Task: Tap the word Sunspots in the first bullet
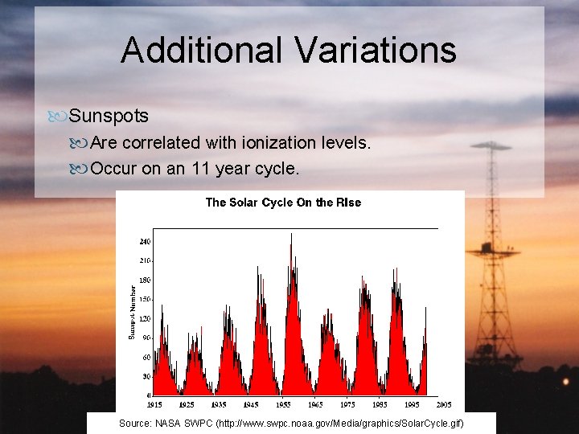(109, 116)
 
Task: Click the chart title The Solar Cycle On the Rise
(283, 203)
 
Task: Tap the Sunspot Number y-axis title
(133, 311)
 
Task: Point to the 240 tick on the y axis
(145, 241)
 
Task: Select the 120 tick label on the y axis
(145, 318)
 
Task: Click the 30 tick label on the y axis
(146, 376)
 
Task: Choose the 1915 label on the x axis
(154, 404)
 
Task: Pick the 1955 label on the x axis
(283, 404)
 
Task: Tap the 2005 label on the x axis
(443, 404)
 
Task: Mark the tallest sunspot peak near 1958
(291, 235)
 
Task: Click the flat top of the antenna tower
(491, 146)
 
